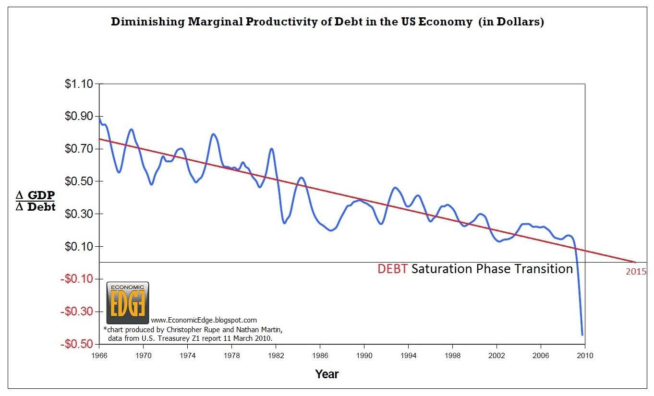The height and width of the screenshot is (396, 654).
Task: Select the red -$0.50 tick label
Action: coord(76,344)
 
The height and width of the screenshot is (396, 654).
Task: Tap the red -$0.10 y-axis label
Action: coord(76,279)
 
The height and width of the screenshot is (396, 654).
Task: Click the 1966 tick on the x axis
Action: coord(99,356)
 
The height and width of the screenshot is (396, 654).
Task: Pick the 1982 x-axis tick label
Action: coord(276,356)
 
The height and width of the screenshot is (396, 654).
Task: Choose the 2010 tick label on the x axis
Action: coord(585,356)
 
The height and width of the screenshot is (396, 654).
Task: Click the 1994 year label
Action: coord(408,356)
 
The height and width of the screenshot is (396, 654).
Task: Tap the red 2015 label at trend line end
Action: coord(635,271)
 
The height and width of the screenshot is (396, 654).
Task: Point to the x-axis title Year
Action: coord(327,374)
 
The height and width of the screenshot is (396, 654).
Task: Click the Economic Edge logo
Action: coord(127,303)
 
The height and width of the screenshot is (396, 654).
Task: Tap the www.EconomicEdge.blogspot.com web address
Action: coord(204,320)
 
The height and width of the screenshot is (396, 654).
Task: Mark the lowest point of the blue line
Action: coord(582,335)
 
